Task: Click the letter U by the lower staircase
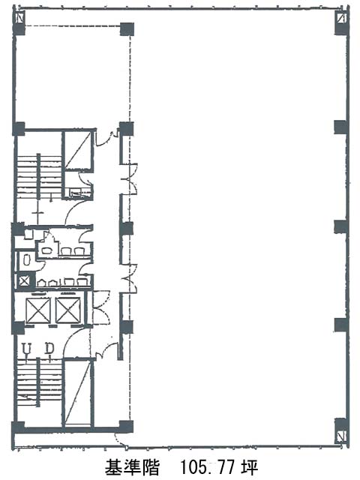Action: (28, 348)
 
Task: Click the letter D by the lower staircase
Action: (49, 348)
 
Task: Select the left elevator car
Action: (38, 310)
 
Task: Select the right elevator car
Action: (68, 310)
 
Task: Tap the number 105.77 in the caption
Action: (208, 467)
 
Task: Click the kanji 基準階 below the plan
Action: (132, 467)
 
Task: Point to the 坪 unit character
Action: (250, 467)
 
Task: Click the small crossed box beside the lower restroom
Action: (24, 280)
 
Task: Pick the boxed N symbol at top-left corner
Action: (19, 18)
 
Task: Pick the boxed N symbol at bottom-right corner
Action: (340, 435)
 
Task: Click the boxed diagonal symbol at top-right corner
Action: (340, 18)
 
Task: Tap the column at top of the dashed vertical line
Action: (127, 29)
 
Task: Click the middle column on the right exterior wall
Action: (340, 226)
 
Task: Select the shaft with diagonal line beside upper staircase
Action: (79, 150)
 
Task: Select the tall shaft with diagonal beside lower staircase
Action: (78, 393)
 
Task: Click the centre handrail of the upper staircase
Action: (39, 177)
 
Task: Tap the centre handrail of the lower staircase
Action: (38, 382)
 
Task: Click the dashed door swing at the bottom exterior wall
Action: (119, 439)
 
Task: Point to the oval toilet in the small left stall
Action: (27, 260)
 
